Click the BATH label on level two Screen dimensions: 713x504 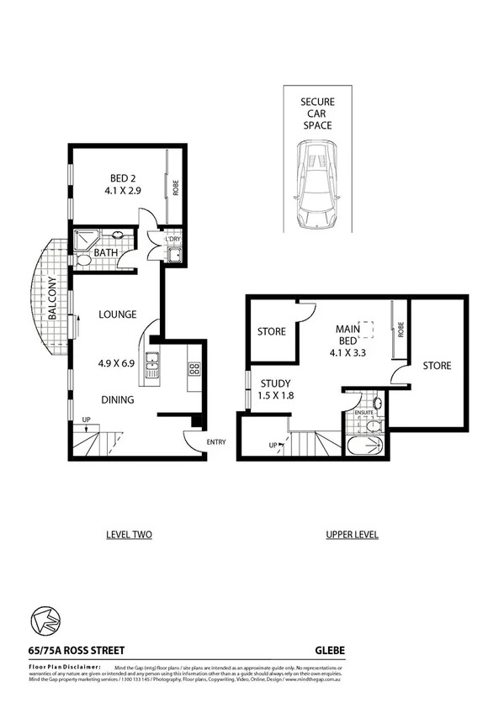[105, 252]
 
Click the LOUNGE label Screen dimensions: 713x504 [117, 314]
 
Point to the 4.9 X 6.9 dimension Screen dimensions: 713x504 [117, 365]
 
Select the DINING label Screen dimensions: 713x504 [117, 400]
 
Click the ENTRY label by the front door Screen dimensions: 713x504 [216, 441]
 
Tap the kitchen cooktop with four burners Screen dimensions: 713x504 [194, 368]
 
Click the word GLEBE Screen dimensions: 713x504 [329, 649]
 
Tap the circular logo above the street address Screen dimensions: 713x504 [44, 621]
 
